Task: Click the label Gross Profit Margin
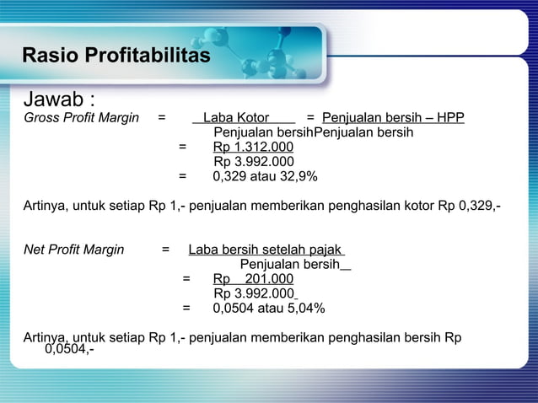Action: [81, 118]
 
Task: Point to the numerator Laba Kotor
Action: [236, 118]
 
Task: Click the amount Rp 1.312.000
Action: [253, 148]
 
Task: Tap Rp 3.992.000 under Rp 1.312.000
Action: [253, 162]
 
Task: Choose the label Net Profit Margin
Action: [74, 250]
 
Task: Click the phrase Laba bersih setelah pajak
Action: [265, 250]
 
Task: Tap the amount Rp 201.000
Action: [253, 279]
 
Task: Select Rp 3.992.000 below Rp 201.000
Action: [253, 293]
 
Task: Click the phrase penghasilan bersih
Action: [384, 338]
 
